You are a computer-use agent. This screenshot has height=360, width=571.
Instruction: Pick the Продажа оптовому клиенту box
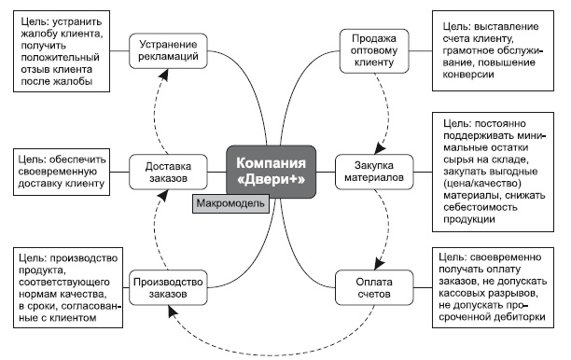pos(369,55)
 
